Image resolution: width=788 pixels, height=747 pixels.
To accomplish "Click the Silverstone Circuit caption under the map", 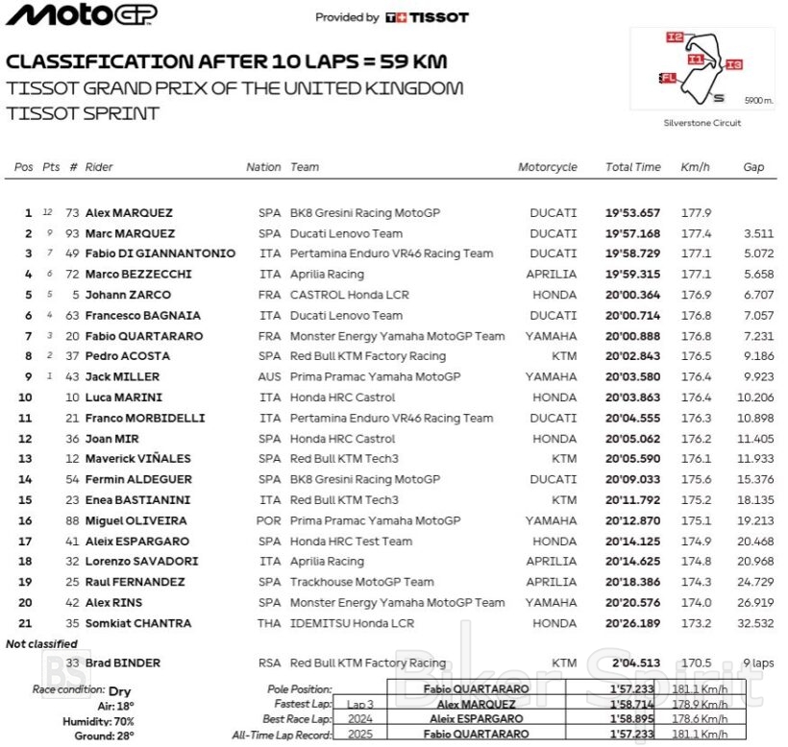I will (702, 123).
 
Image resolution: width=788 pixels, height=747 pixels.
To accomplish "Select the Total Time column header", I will (632, 167).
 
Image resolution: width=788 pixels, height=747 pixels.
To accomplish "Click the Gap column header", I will (753, 167).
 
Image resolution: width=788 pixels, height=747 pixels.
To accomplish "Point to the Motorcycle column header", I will (548, 167).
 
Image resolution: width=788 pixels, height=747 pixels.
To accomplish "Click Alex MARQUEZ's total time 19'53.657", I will (632, 213).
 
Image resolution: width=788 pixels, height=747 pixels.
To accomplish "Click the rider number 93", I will (72, 233).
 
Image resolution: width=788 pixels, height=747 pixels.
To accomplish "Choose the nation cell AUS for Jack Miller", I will (270, 377).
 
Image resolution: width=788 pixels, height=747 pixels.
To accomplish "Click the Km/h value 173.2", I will (696, 623).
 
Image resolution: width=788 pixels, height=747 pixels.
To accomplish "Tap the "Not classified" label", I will (42, 644).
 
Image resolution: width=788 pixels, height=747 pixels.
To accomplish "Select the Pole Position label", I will (300, 689).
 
